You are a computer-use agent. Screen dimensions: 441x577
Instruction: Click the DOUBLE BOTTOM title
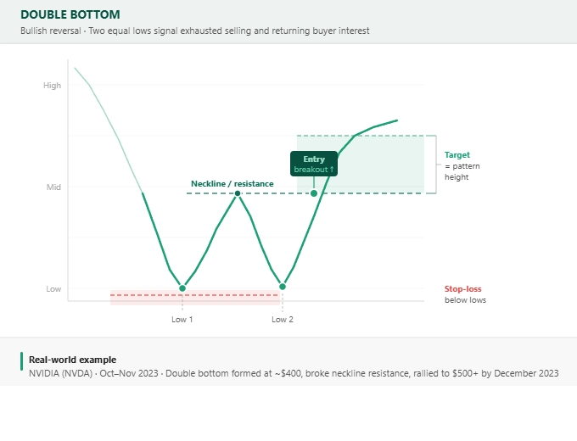(70, 14)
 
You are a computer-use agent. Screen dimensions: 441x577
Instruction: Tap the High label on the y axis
(52, 85)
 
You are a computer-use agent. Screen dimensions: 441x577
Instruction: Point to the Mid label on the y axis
(53, 187)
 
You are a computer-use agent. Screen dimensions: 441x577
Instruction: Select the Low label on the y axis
(53, 288)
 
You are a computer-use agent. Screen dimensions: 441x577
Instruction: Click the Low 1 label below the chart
(182, 319)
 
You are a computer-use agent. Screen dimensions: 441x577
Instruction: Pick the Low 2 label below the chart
(283, 319)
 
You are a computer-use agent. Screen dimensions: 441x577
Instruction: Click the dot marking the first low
(182, 288)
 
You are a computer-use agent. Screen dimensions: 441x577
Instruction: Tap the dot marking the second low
(283, 287)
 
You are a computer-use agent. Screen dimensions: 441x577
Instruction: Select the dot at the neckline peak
(238, 193)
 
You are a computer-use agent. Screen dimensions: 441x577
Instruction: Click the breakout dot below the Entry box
(314, 193)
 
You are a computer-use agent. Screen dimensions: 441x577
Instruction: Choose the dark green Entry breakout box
(314, 164)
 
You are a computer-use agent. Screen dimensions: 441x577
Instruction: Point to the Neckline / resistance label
(232, 183)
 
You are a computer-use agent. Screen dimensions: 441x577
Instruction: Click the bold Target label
(457, 155)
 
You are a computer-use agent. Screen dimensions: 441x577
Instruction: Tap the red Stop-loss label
(462, 288)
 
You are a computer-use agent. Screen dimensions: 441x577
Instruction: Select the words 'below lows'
(465, 300)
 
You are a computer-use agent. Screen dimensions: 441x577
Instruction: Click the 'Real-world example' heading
(72, 360)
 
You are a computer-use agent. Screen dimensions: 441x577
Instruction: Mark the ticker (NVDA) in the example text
(79, 373)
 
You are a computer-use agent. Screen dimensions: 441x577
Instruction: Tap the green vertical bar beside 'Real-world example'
(21, 360)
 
